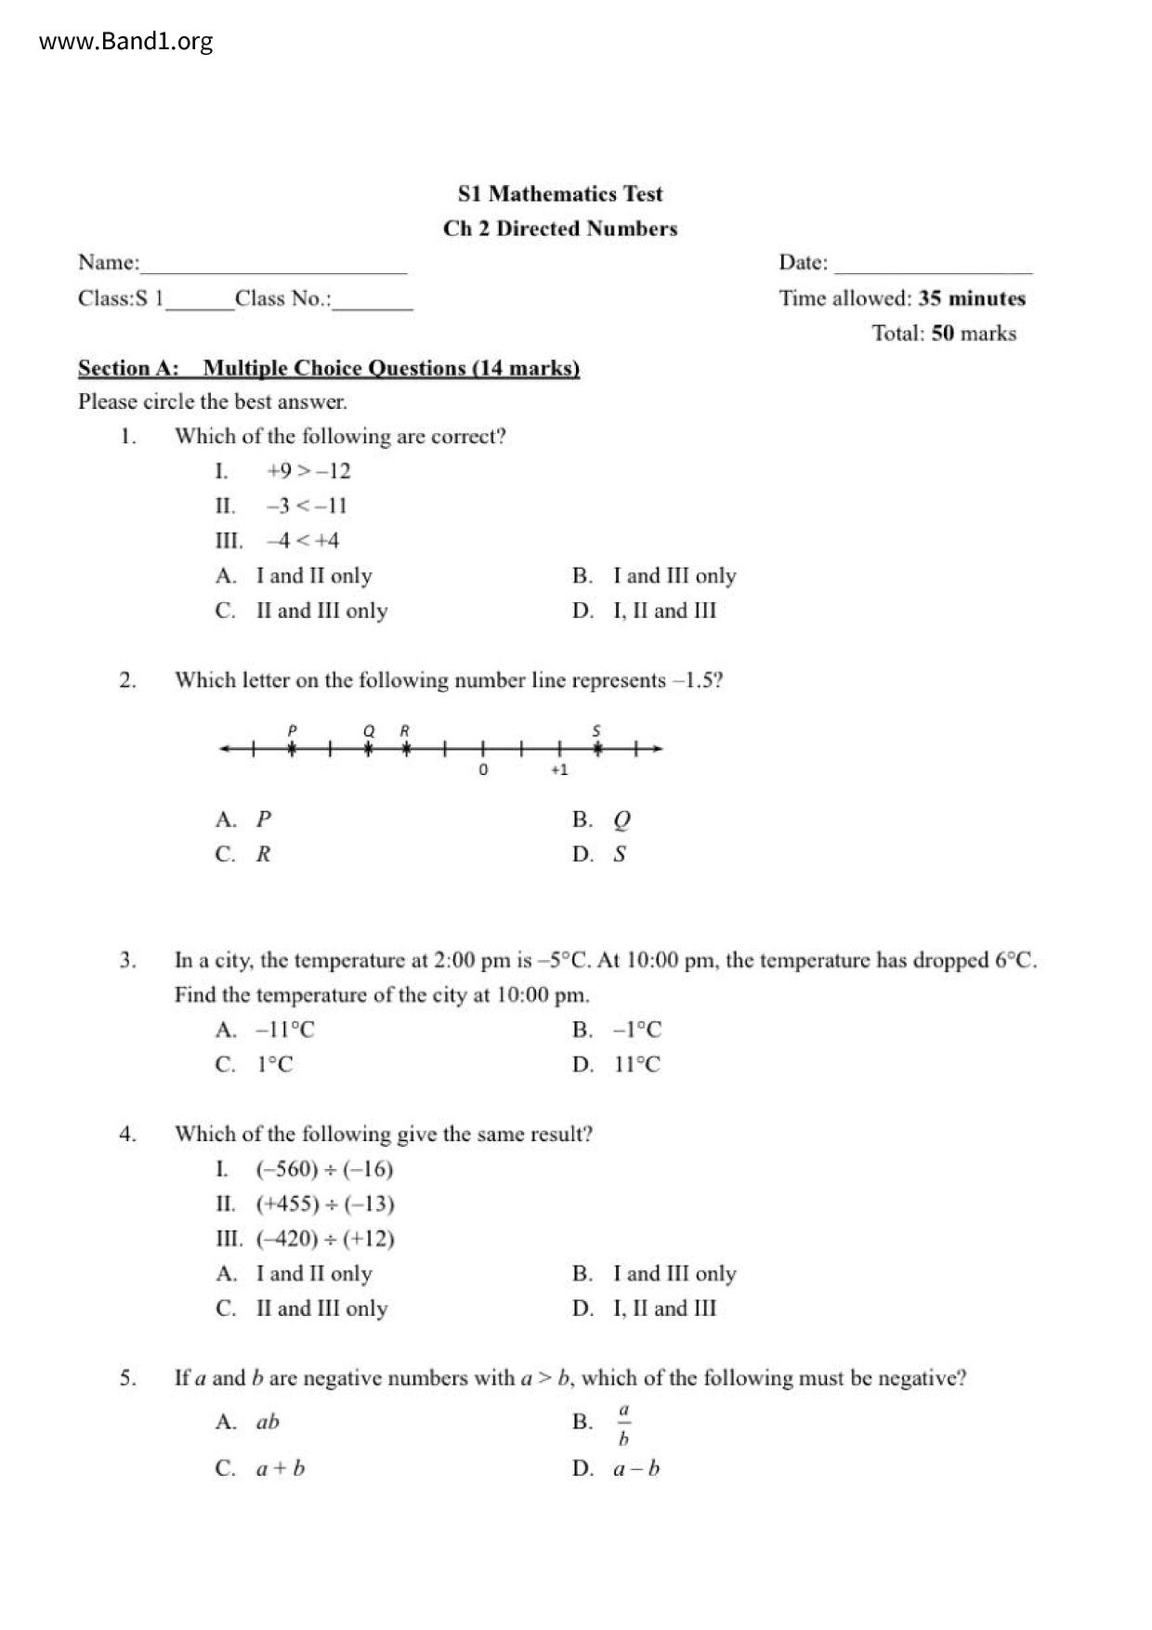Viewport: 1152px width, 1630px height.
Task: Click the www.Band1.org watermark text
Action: (x=125, y=42)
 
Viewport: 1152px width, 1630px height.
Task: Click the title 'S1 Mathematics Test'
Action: (x=560, y=194)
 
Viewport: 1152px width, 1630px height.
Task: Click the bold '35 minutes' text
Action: (x=972, y=298)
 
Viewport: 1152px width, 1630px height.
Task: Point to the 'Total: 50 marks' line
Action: (x=944, y=334)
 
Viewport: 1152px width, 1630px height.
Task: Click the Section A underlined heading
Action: (x=329, y=368)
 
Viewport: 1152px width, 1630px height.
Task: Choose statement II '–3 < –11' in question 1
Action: (x=306, y=506)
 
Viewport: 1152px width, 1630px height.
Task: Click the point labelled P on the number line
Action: (x=292, y=748)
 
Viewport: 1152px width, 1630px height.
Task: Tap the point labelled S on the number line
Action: (x=597, y=748)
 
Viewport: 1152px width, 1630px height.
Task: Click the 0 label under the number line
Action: (x=483, y=770)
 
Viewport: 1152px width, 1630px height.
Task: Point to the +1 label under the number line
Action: (x=558, y=770)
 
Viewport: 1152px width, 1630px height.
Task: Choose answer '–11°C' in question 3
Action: (x=285, y=1030)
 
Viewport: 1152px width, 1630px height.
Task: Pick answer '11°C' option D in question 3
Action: (x=636, y=1065)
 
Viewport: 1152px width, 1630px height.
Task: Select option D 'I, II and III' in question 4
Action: (x=664, y=1308)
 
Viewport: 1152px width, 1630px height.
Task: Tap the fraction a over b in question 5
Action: (x=623, y=1424)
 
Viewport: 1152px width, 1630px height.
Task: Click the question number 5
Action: (x=128, y=1378)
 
